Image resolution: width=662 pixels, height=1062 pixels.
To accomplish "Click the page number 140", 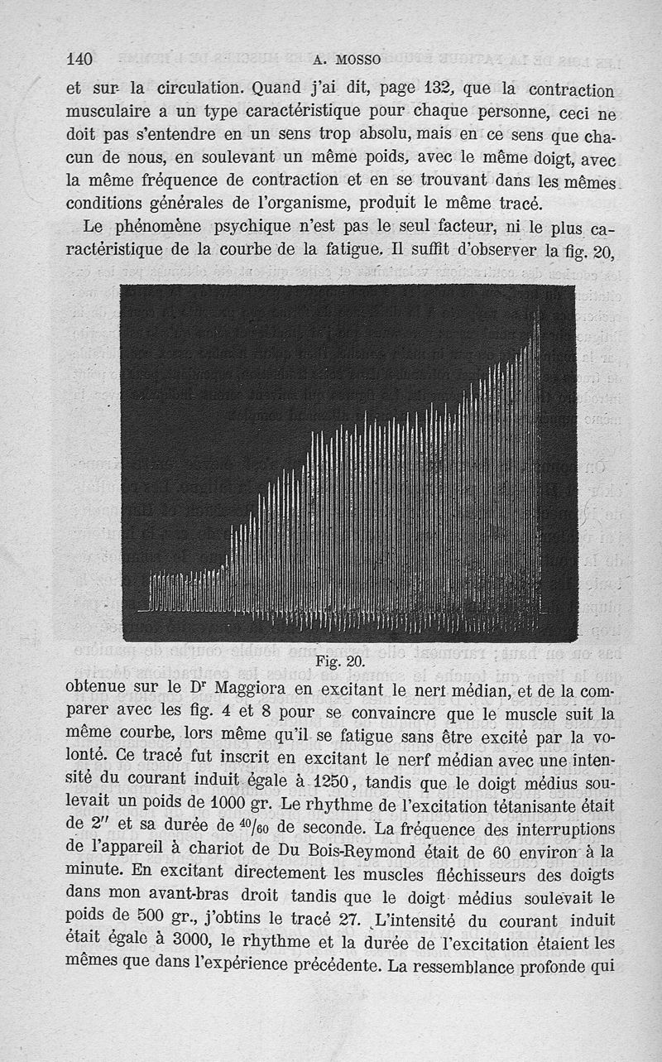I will [x=79, y=59].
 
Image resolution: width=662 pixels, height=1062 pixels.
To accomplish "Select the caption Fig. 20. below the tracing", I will [x=340, y=661].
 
